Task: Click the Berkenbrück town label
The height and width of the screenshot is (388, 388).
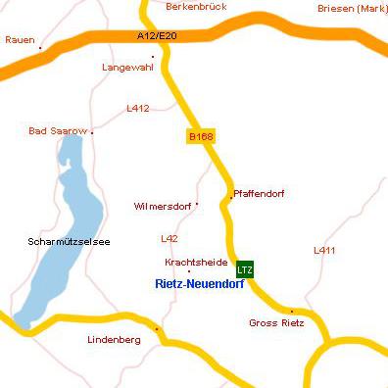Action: pyautogui.click(x=198, y=6)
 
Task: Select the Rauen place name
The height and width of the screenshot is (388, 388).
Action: pyautogui.click(x=19, y=40)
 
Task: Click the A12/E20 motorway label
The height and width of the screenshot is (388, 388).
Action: pyautogui.click(x=157, y=36)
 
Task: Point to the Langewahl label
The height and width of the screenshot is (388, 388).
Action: pyautogui.click(x=128, y=68)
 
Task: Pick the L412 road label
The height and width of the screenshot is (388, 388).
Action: pyautogui.click(x=138, y=109)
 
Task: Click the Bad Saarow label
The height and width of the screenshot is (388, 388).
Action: pyautogui.click(x=58, y=130)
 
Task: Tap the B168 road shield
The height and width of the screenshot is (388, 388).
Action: pyautogui.click(x=200, y=136)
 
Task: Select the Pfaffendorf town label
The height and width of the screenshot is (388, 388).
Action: pyautogui.click(x=260, y=194)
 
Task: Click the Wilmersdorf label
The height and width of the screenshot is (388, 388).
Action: pyautogui.click(x=162, y=207)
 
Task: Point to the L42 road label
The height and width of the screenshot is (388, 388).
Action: pyautogui.click(x=170, y=239)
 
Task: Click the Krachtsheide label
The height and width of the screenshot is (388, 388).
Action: pyautogui.click(x=188, y=263)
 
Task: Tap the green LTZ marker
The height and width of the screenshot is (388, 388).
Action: pyautogui.click(x=245, y=269)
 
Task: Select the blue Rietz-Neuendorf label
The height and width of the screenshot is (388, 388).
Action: pyautogui.click(x=200, y=284)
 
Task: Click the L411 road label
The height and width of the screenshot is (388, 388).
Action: pyautogui.click(x=324, y=251)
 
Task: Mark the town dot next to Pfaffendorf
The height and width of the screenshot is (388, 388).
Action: pyautogui.click(x=230, y=198)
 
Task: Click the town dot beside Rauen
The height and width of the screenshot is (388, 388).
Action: pyautogui.click(x=40, y=47)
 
